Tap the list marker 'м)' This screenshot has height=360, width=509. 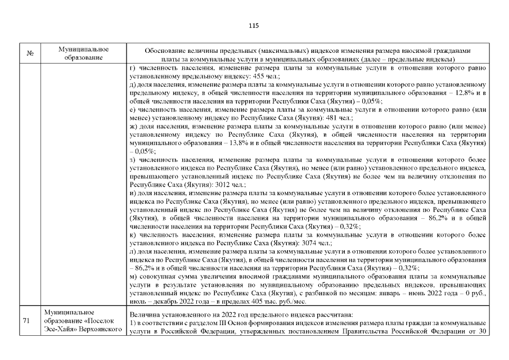pyautogui.click(x=133, y=277)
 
